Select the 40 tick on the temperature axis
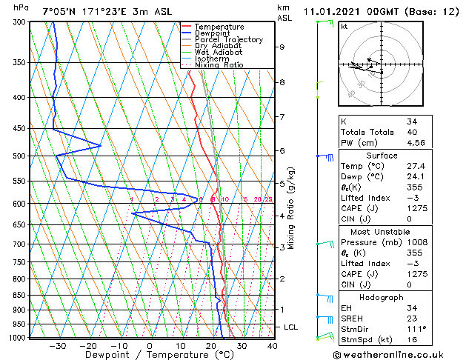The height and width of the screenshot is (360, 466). pos(272,345)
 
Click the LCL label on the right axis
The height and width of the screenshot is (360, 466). pos(291,327)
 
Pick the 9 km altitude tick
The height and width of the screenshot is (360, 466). pos(282,47)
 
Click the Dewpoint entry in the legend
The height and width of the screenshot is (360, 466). pos(211,33)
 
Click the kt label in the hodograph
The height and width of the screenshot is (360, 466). pos(344,26)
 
